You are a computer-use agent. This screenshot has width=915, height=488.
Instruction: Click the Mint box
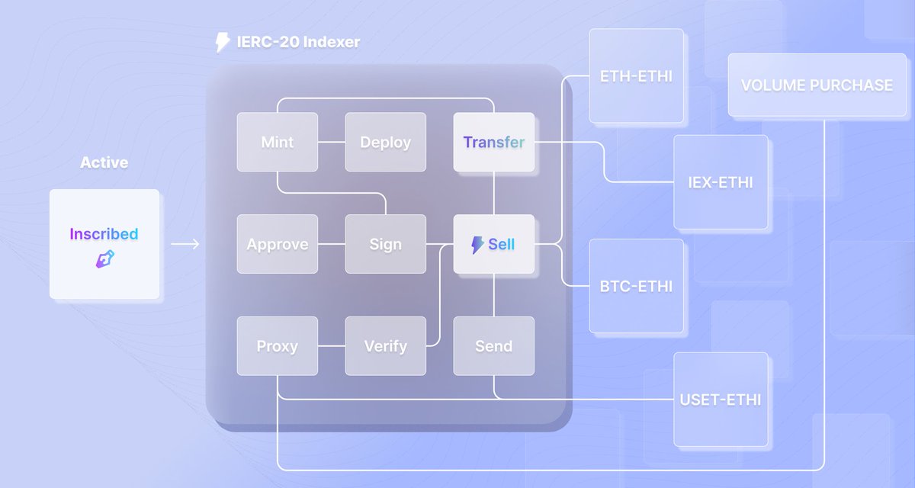(278, 142)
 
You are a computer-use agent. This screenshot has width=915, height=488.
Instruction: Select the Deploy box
(386, 142)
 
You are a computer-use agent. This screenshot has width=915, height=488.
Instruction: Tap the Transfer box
(494, 142)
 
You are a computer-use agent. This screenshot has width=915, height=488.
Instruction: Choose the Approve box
(278, 244)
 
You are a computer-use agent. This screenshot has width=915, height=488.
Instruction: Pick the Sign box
(386, 244)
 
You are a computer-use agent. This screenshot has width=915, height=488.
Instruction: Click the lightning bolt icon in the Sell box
(477, 245)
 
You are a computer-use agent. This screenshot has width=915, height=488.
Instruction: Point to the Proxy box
(278, 346)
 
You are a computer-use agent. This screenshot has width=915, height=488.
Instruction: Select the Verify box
(386, 346)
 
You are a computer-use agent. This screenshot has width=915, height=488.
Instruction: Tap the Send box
(494, 346)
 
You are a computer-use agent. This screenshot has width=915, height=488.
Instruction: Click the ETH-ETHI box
(637, 76)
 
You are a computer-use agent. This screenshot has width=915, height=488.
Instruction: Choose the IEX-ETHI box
(721, 182)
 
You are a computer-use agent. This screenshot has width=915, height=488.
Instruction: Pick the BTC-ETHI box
(637, 286)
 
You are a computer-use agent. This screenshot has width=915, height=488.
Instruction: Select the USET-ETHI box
(721, 400)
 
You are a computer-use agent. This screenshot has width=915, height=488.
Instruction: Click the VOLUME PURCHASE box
(817, 85)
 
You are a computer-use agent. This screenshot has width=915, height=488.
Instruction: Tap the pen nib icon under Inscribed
(105, 259)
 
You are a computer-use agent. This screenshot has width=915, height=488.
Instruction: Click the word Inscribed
(104, 234)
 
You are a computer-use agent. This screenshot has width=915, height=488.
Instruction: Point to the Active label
(104, 162)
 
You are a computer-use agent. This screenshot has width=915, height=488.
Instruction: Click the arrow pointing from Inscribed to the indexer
(185, 244)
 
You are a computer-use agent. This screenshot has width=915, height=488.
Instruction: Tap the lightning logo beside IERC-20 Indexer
(222, 42)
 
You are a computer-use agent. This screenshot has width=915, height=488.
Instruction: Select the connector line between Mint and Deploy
(332, 142)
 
